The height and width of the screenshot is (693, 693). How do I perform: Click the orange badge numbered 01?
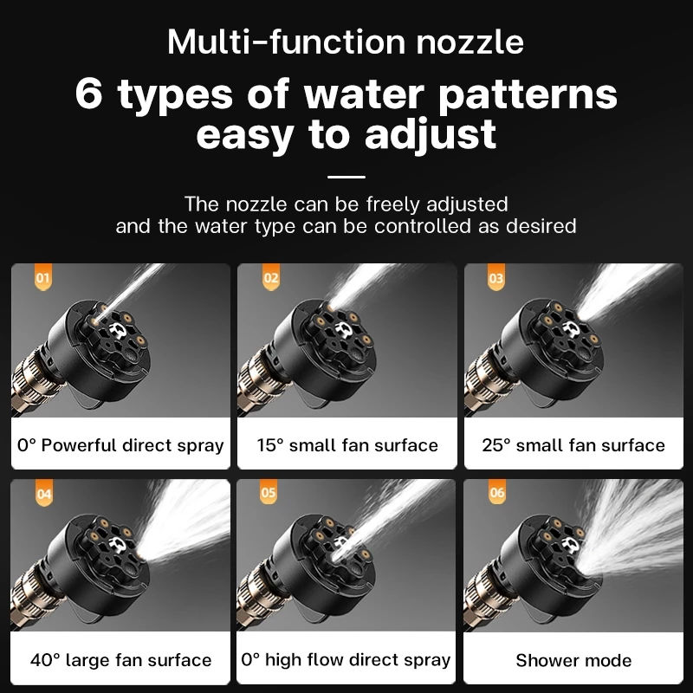[x=43, y=279]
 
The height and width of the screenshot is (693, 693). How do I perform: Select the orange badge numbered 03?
[x=496, y=279]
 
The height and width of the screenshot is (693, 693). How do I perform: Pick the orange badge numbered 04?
[x=43, y=495]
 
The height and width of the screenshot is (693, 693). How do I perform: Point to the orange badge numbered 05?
[x=269, y=495]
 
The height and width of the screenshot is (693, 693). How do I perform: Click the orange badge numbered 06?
[x=496, y=495]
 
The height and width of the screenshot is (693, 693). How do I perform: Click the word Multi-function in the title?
[x=273, y=42]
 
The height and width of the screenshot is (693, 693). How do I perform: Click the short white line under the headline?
[x=346, y=176]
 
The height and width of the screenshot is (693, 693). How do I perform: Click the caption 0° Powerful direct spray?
[x=120, y=446]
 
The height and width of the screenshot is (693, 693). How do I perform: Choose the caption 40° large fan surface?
[x=120, y=660]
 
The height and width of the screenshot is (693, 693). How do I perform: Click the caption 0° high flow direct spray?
[x=346, y=660]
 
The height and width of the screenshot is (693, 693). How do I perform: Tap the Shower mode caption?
[x=573, y=660]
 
